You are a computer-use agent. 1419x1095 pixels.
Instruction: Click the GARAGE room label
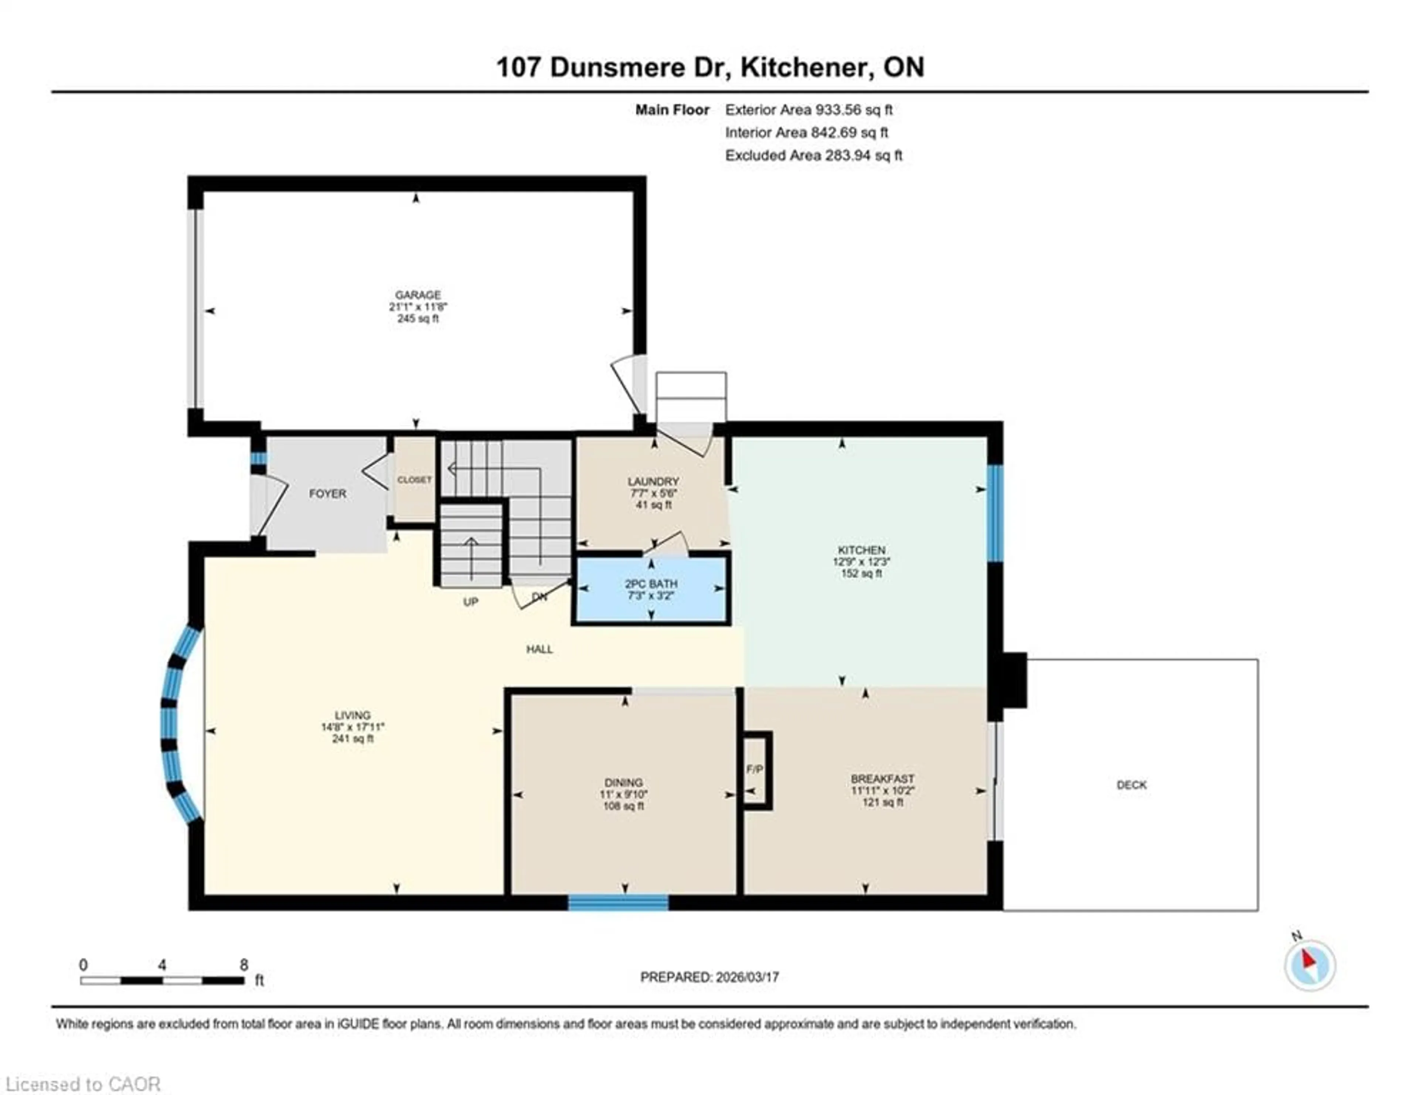coord(418,295)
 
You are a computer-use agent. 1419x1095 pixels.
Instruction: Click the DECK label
coord(1131,785)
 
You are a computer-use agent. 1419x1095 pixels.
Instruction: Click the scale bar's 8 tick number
coord(244,965)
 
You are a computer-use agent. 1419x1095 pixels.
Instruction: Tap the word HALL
coord(539,649)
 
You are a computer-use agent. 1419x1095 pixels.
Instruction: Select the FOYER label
coord(327,494)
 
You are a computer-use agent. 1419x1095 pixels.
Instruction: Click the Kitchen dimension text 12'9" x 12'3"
coord(861,562)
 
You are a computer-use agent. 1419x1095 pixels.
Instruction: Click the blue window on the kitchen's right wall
coord(994,513)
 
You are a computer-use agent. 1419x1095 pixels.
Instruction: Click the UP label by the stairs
coord(470,602)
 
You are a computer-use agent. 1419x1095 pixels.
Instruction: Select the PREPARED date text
coord(709,977)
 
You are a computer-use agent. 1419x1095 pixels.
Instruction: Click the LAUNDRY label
coord(653,481)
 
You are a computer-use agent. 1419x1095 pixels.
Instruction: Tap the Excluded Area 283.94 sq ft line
coord(813,155)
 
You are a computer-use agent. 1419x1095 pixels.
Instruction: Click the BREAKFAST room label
coord(882,779)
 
